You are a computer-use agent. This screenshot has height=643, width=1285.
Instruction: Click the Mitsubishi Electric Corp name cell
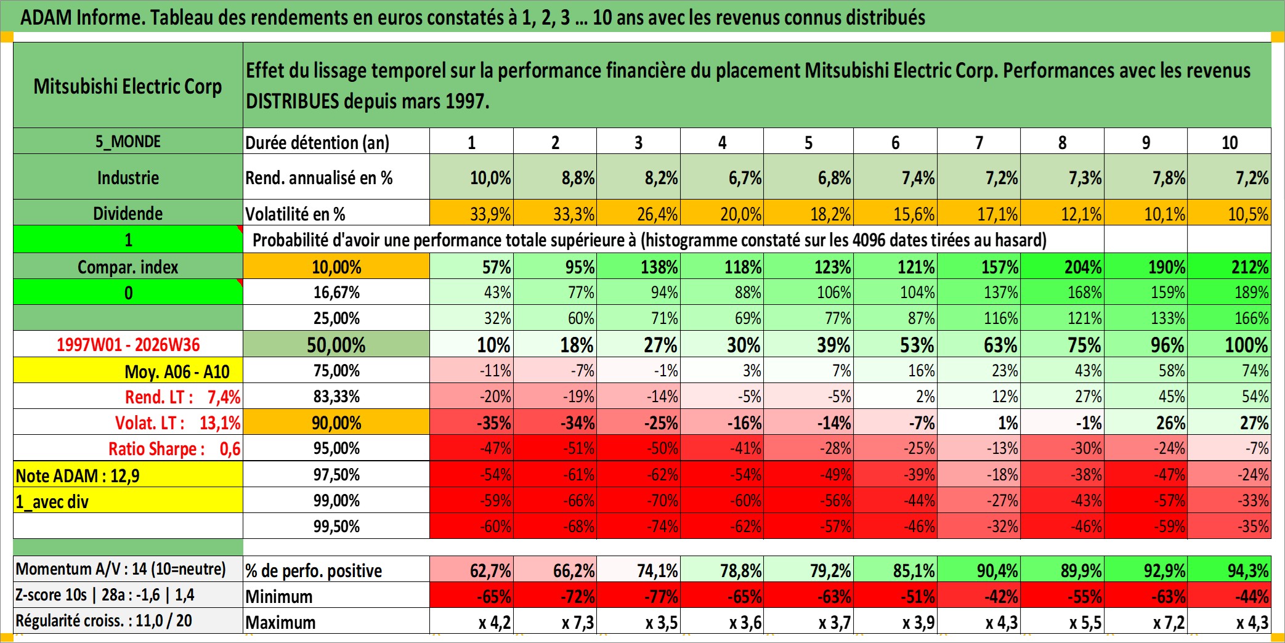tap(128, 86)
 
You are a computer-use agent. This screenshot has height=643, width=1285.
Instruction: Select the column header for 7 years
tap(979, 142)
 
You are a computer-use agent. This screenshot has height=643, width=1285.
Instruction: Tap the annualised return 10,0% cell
tap(472, 177)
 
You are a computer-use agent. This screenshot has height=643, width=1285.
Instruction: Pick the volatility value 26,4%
tap(639, 213)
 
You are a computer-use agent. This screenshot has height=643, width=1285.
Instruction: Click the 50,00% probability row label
tap(336, 344)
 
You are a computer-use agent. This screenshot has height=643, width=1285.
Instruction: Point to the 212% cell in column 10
tap(1230, 267)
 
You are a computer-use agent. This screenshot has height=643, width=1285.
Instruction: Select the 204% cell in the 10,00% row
tap(1063, 267)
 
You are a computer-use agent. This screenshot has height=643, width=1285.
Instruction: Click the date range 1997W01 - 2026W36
tap(128, 344)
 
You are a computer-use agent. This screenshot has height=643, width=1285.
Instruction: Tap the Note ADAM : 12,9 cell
tap(128, 475)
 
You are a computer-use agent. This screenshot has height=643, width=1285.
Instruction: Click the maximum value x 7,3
tap(555, 621)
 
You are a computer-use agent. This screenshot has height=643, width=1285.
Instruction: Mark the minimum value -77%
tap(639, 596)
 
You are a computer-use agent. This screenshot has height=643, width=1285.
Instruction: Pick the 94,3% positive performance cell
tap(1230, 570)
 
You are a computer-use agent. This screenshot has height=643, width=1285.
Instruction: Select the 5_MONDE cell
tap(128, 141)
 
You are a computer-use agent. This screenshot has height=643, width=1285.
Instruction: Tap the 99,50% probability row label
tap(336, 526)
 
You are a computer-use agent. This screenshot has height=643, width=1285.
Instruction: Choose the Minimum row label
tap(279, 596)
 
